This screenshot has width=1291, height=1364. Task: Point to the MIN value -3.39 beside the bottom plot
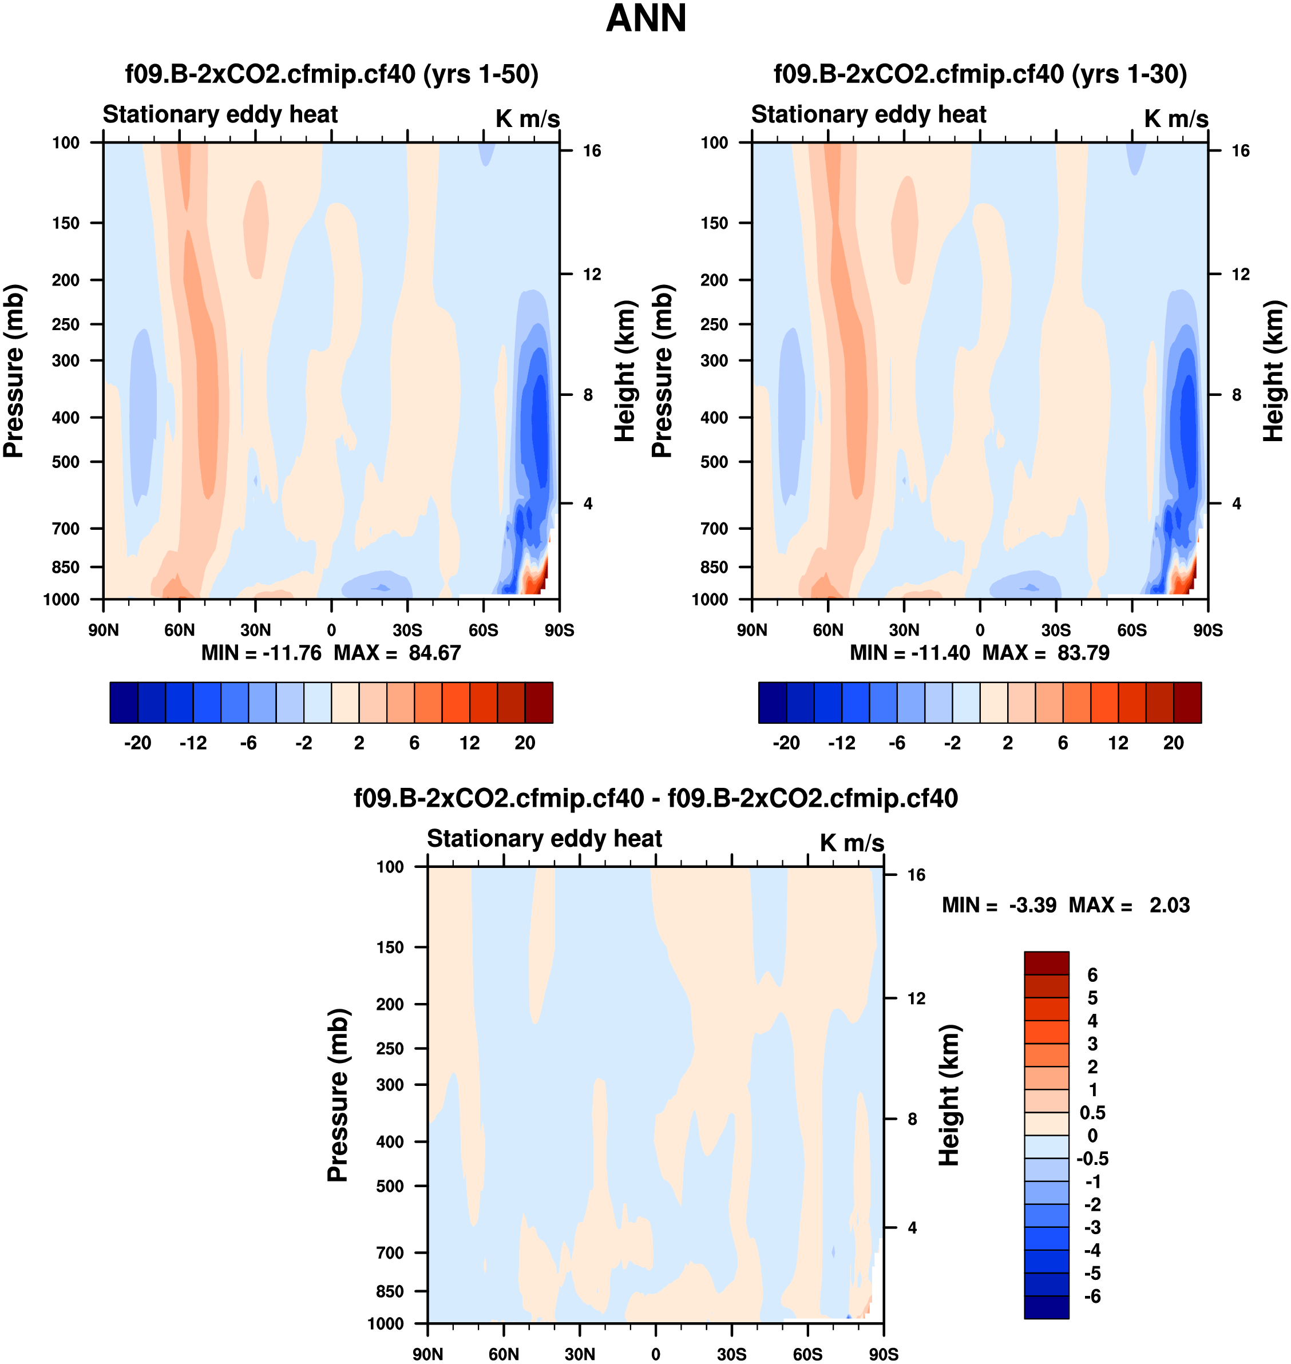(x=1032, y=905)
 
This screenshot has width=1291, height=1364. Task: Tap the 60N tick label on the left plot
(x=179, y=630)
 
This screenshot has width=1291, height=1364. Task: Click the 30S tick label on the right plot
(x=1056, y=630)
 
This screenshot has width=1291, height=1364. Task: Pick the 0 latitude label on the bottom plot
(x=655, y=1354)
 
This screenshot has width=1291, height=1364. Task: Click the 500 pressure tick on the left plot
(x=65, y=462)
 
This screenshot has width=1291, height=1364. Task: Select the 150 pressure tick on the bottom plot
(x=390, y=947)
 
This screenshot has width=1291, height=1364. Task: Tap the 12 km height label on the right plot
(x=1241, y=275)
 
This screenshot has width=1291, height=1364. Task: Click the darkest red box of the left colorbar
(x=539, y=703)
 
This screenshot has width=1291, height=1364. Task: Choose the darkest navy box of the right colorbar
(x=772, y=703)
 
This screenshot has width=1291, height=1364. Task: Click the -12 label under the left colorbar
(x=193, y=743)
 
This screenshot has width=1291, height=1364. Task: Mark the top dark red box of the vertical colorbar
(x=1046, y=963)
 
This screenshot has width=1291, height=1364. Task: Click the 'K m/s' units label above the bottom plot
(x=852, y=843)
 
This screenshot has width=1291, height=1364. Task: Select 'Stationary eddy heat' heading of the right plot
(x=869, y=114)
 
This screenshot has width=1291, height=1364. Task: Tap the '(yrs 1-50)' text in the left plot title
(x=480, y=74)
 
